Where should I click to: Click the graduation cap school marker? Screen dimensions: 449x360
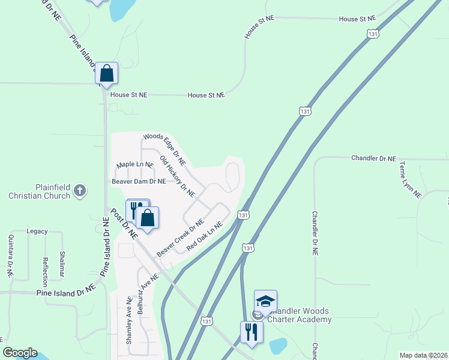265,301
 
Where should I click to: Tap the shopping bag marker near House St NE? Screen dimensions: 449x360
107,74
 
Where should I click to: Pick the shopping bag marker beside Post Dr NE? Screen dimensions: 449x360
148,218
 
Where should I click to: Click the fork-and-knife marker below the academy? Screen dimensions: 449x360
252,332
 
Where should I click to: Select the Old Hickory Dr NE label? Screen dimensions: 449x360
178,176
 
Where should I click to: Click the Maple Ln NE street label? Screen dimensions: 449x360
135,164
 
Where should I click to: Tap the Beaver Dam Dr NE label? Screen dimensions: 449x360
139,181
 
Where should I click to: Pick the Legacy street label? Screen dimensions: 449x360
37,231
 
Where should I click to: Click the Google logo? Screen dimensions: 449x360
20,353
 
